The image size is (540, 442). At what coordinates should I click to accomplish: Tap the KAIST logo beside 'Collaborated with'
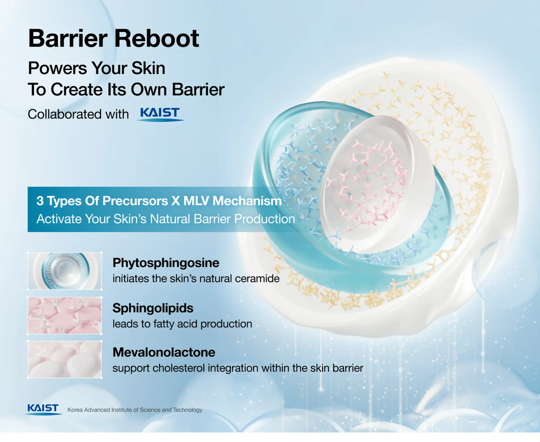coord(160,114)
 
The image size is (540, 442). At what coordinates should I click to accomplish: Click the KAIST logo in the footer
coord(43,409)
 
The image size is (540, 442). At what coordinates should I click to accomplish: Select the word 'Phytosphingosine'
coord(166,263)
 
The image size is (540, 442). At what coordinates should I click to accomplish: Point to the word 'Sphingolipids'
coord(153,308)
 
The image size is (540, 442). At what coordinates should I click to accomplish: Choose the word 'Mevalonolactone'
coord(164,352)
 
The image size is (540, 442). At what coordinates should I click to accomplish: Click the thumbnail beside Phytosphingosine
coord(65,271)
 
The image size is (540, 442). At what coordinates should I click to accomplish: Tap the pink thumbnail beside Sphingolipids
coord(65,316)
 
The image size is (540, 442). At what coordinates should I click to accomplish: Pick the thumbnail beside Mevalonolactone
coord(65,359)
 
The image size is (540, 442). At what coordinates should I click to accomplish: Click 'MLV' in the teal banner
coord(196,201)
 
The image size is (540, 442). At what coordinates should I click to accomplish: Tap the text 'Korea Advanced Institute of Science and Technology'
coord(135,410)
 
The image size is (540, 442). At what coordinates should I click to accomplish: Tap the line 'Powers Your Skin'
coord(96,68)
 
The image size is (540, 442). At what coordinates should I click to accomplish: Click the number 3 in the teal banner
coord(40,201)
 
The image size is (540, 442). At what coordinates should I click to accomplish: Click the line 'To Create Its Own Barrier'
coord(126,89)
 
